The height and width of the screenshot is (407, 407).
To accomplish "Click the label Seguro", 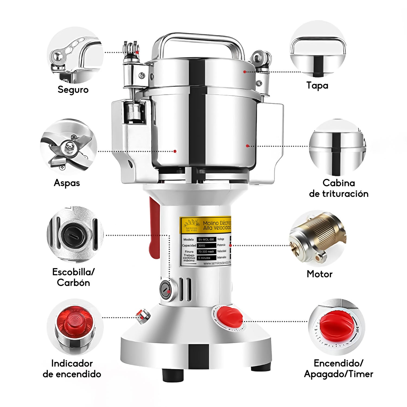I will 73,90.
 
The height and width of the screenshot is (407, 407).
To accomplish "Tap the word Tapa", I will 317,85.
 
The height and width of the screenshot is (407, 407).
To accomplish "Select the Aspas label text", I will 67,183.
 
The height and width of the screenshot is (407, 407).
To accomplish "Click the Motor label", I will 319,274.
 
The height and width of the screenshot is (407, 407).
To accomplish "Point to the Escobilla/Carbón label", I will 73,277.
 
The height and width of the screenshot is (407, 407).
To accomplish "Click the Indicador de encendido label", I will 72,368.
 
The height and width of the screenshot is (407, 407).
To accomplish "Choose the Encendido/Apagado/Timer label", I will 338,368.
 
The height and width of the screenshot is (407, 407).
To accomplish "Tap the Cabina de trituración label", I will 339,188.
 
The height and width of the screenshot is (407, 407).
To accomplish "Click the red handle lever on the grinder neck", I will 154,231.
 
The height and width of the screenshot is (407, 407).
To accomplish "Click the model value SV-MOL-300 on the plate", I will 206,240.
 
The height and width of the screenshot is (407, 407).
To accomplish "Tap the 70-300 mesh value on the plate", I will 206,252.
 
